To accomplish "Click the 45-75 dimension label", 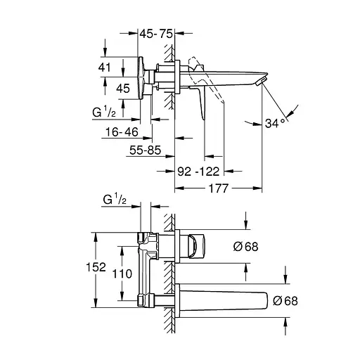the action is pyautogui.click(x=156, y=34).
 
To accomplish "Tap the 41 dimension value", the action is pyautogui.click(x=104, y=67).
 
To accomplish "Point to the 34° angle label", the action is pyautogui.click(x=275, y=123).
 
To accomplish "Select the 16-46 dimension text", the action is pyautogui.click(x=122, y=132).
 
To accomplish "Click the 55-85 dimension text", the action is pyautogui.click(x=146, y=150).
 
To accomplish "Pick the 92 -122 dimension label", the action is pyautogui.click(x=198, y=172).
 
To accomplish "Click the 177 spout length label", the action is pyautogui.click(x=219, y=188).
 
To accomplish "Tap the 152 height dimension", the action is pyautogui.click(x=96, y=267).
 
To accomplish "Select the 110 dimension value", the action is pyautogui.click(x=122, y=274).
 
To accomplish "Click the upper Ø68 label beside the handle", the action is pyautogui.click(x=246, y=247).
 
